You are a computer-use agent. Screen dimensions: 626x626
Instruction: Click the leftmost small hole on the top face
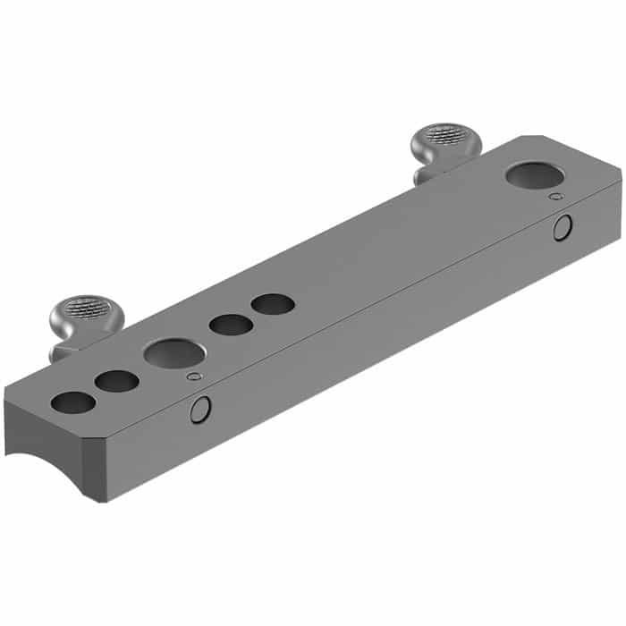coord(73,402)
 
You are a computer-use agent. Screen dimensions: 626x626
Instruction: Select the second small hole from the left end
coord(116,382)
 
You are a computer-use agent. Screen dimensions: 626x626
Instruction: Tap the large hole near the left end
coord(173,353)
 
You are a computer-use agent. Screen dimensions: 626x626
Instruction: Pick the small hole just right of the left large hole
coord(231,325)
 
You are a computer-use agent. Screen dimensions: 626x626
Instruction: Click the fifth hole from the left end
coord(273,304)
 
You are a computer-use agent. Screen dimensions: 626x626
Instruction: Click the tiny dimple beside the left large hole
coord(191,376)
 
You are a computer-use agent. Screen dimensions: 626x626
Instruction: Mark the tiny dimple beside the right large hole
coord(556,196)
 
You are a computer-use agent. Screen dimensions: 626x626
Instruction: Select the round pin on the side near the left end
coord(200,410)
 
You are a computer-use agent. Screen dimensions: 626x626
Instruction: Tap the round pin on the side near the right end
coord(562,228)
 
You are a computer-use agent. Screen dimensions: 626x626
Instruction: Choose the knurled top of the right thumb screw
coord(445,136)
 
